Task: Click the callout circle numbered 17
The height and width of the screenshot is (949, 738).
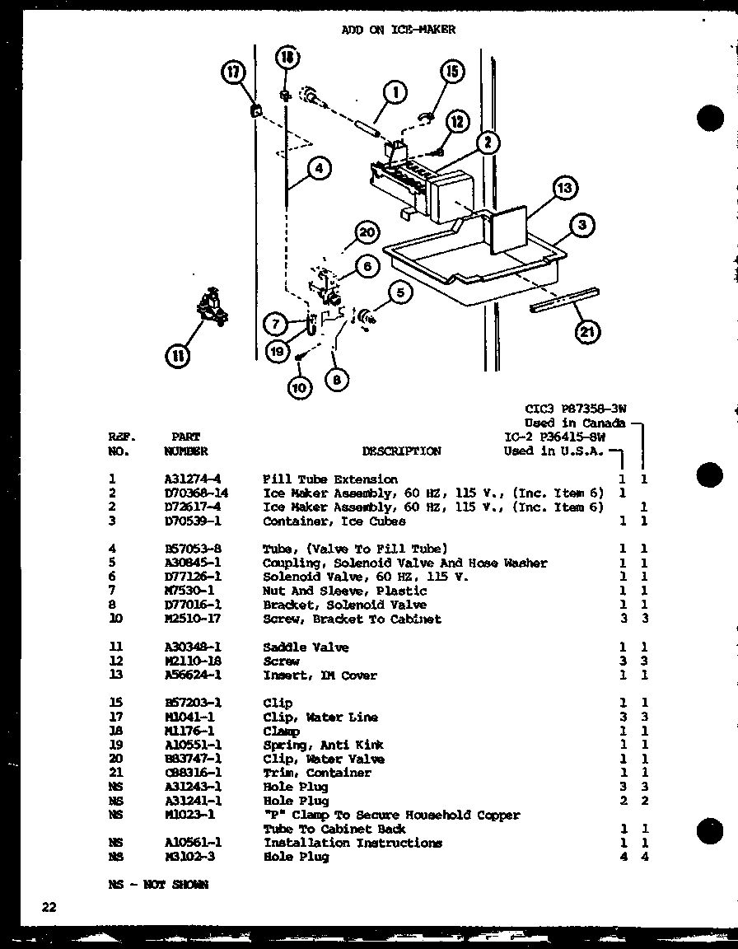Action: point(232,72)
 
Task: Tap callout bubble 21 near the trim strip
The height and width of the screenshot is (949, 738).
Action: point(588,331)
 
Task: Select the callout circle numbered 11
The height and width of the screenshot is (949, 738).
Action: point(177,356)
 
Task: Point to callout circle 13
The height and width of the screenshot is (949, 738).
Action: point(563,188)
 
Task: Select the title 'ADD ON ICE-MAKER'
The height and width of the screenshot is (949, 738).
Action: point(398,30)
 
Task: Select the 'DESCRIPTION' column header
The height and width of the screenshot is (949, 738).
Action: point(401,451)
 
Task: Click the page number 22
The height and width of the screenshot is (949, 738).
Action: point(49,907)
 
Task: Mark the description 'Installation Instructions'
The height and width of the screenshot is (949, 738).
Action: point(353,843)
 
